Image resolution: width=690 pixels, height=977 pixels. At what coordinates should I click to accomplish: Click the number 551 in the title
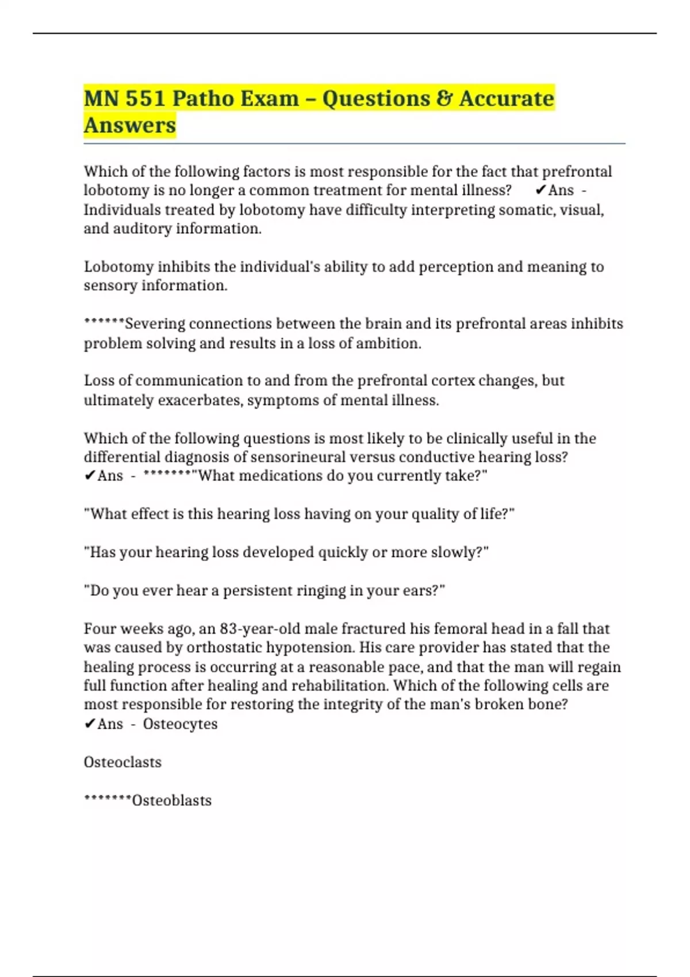coord(145,98)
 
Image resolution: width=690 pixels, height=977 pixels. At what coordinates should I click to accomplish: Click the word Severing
coord(155,324)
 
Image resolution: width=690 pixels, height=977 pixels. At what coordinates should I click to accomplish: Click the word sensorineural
coord(299,457)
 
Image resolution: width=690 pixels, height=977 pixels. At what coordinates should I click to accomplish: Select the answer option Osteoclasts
coord(122,762)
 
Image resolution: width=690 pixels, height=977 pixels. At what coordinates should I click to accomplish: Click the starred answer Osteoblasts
coord(171,800)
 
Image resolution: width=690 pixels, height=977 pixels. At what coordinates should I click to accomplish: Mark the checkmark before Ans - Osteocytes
coord(90,724)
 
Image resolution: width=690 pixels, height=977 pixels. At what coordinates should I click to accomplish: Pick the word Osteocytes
coord(180,724)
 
